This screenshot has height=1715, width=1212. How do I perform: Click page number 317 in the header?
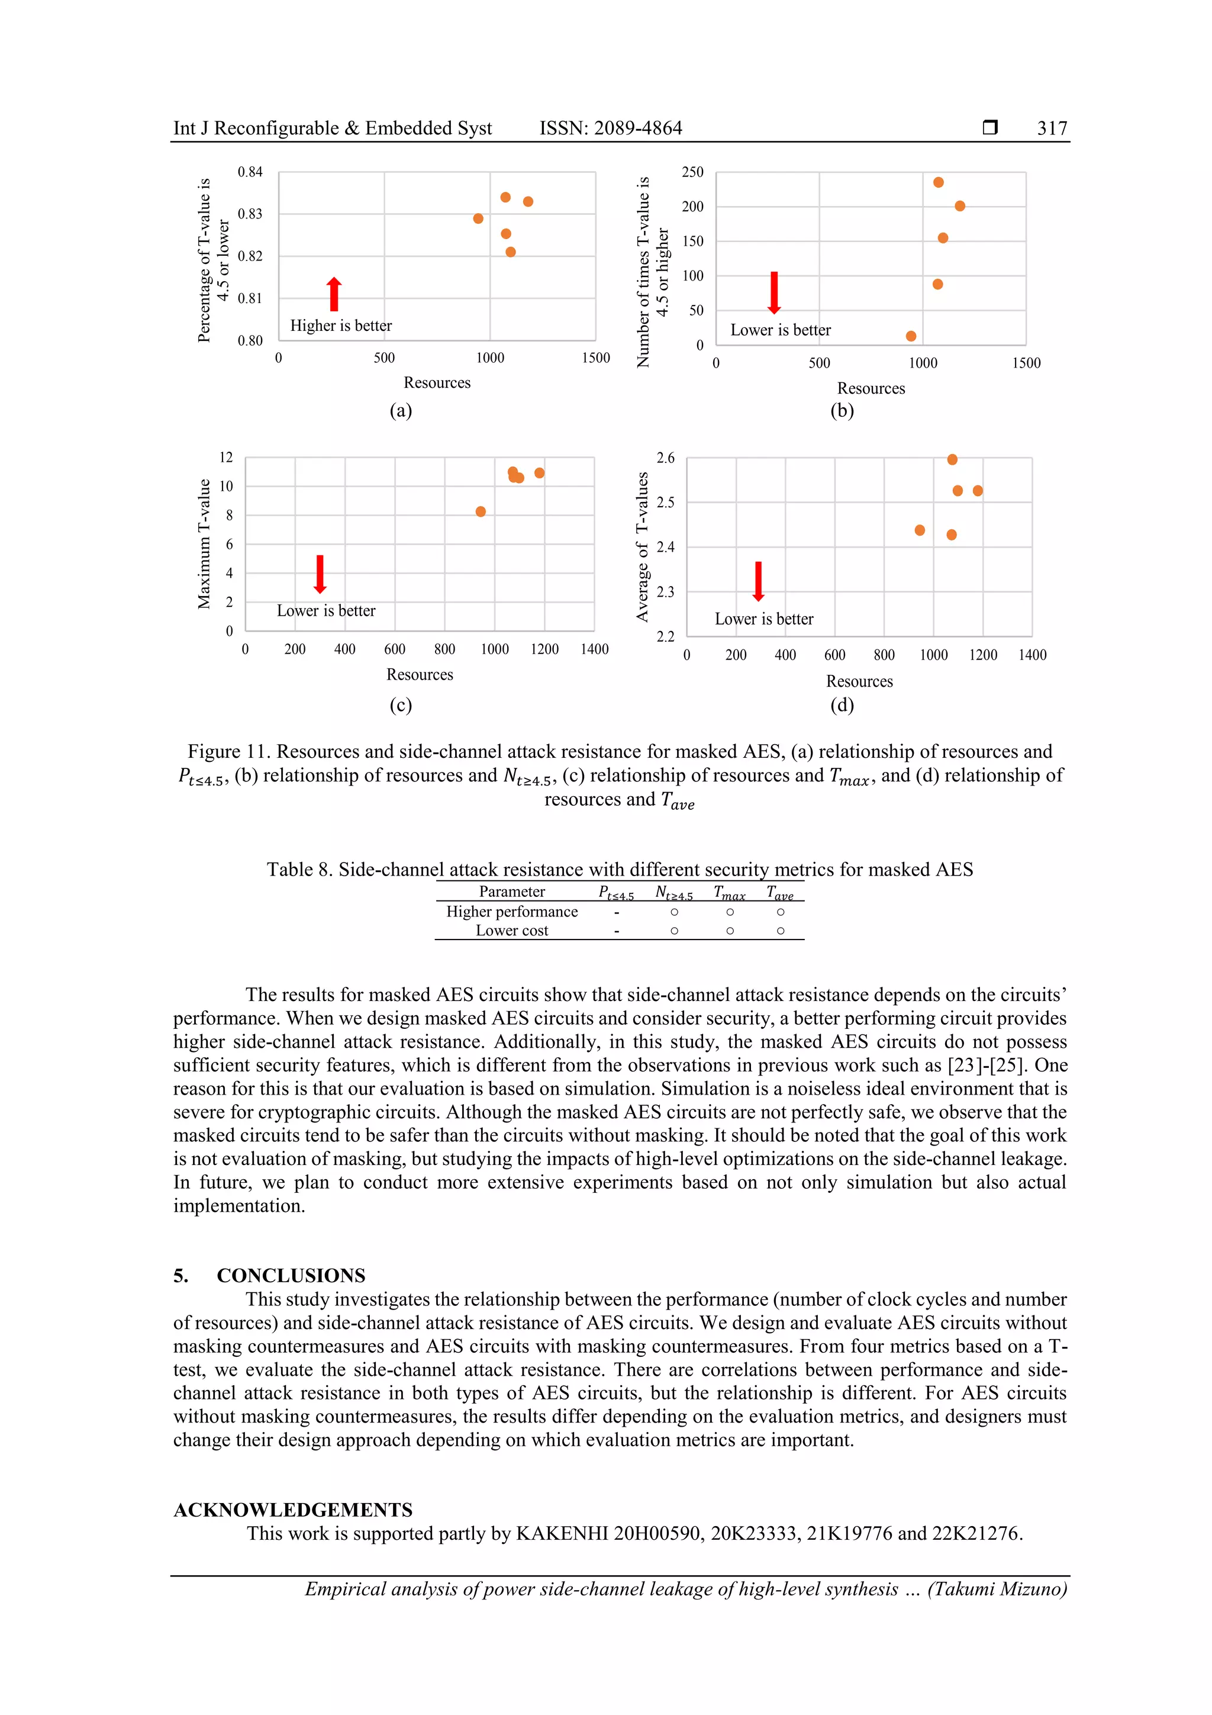(x=1052, y=128)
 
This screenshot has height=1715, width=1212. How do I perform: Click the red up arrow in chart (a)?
(x=334, y=294)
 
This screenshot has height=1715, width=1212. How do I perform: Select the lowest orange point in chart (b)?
(x=910, y=336)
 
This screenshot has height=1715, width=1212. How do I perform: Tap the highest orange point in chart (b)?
(x=938, y=182)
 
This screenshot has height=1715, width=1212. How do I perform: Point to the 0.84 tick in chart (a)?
(x=250, y=172)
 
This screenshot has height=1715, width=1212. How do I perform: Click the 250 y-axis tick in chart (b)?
(x=692, y=172)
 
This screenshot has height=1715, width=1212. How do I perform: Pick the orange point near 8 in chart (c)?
(x=480, y=511)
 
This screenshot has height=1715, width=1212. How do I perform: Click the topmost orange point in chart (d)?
(x=952, y=459)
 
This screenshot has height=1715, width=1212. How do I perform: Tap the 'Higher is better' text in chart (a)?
(x=340, y=326)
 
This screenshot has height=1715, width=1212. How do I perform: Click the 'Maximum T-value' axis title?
(x=204, y=544)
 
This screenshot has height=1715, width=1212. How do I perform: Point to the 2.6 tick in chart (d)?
(x=665, y=458)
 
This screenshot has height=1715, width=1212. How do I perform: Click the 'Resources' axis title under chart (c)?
(x=419, y=674)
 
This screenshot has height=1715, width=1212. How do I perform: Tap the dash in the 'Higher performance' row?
(x=616, y=912)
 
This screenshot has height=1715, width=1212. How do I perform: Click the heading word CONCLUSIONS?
(x=291, y=1275)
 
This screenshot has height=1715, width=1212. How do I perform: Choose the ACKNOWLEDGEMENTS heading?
(x=293, y=1510)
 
